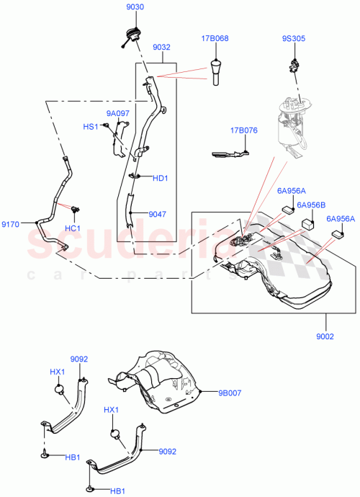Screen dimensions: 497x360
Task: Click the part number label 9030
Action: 135,7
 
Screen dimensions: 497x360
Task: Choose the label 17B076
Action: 244,130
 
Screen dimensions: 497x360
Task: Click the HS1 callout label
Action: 91,127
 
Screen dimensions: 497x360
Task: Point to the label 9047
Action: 158,214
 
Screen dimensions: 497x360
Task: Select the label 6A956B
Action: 312,204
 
